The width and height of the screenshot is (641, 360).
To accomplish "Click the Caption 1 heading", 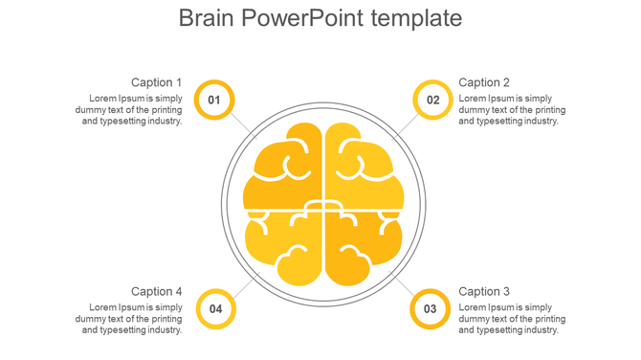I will coord(156,82).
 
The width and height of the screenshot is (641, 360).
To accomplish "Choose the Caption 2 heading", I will coord(484,82).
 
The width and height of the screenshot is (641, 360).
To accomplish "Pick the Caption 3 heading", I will coord(484,291).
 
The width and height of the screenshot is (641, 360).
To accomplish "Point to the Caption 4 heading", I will coord(156,291).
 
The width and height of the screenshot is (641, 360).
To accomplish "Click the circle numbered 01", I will coord(214,100).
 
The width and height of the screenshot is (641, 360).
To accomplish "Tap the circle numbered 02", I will coord(432,100).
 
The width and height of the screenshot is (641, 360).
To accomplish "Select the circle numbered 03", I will coord(431,308).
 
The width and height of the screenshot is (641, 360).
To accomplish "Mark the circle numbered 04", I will coord(216,308).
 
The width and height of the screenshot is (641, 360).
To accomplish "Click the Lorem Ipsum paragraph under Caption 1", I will coord(129,110).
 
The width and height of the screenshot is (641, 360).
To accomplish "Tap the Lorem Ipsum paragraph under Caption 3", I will coord(512,319).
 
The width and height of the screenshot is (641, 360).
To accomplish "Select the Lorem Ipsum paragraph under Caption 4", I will coord(129,319).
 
